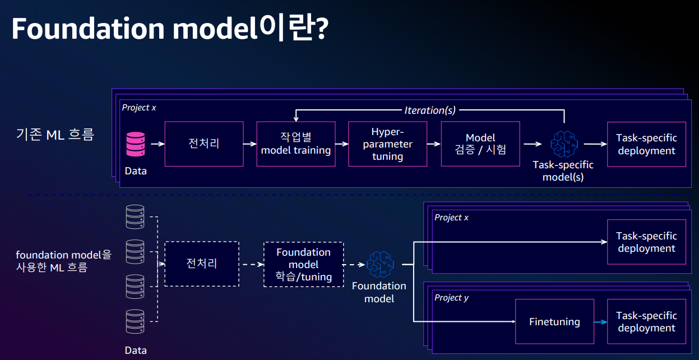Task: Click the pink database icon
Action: (x=136, y=144)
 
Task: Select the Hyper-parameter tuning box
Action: (x=387, y=144)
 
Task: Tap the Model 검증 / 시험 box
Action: (x=480, y=144)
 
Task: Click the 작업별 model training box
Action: (x=296, y=144)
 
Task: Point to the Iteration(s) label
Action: (x=430, y=110)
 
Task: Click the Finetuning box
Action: (x=554, y=322)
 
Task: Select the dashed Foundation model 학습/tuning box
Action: (x=304, y=265)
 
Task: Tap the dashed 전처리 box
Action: (x=202, y=264)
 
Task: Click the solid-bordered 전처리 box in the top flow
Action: (x=204, y=144)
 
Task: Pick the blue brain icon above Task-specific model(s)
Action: (x=564, y=144)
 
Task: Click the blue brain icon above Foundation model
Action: (x=380, y=265)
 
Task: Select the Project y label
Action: (x=452, y=298)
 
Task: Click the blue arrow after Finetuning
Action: (x=601, y=322)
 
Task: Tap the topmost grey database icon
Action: (x=135, y=216)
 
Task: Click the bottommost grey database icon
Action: (x=135, y=322)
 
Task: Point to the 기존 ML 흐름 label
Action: (x=55, y=135)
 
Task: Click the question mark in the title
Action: (x=322, y=29)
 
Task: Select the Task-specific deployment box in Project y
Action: (x=646, y=322)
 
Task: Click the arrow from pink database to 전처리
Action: (x=158, y=144)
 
